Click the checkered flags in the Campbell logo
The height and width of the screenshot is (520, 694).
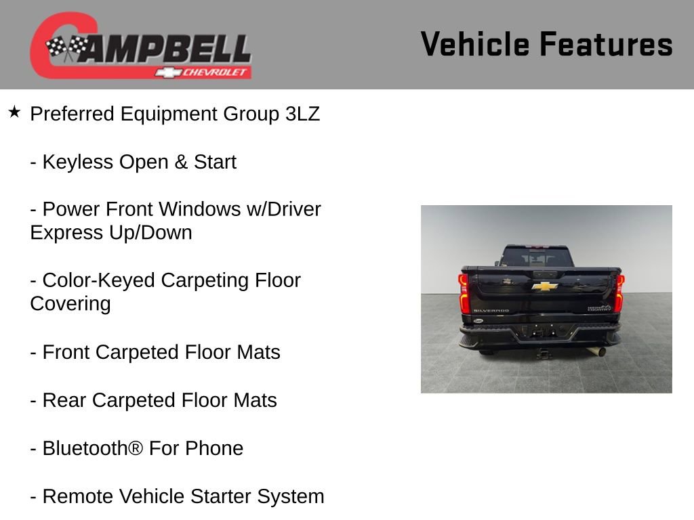pos(67,48)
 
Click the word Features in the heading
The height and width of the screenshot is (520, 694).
pos(606,44)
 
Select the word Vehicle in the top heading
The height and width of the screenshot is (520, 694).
pos(474,44)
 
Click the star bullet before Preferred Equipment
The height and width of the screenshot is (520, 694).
pos(14,112)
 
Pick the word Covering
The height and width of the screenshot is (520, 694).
pos(70,303)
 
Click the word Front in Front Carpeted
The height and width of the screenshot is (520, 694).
pos(66,352)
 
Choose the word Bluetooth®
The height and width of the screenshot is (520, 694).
pos(93,448)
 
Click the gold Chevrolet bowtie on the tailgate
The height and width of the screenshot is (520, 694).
pos(544,286)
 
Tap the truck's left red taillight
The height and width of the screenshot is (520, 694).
pos(464,294)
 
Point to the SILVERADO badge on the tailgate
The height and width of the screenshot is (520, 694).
pos(491,311)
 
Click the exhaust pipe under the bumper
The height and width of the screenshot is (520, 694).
pos(600,352)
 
